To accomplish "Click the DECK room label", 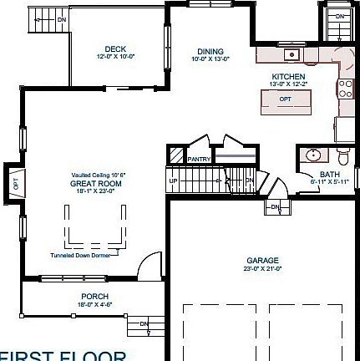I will [115, 49].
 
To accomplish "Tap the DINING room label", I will [210, 51].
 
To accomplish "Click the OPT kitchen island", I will [285, 99].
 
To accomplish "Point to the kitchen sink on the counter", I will [291, 55].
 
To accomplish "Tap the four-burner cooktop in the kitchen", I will [345, 88].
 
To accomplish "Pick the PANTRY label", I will [199, 159].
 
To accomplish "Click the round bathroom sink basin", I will [313, 155].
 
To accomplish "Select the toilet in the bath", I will [343, 158].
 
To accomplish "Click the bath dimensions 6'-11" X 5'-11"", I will [325, 181].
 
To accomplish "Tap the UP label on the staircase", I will [174, 180].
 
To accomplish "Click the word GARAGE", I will [262, 260].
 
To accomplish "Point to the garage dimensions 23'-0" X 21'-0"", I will [262, 268].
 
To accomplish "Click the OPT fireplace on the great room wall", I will [14, 181].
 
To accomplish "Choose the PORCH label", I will [94, 297].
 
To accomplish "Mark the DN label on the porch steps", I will [143, 323].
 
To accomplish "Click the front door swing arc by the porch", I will [148, 265].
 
